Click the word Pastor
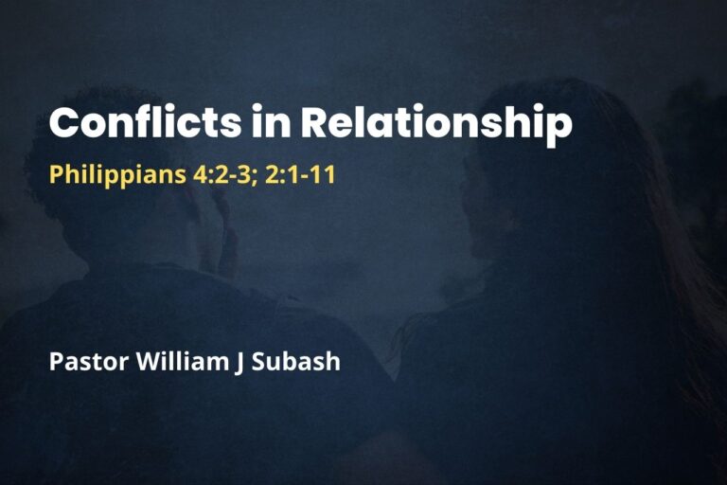pos(83,362)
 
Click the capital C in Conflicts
pos(65,124)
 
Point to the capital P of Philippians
pos(55,175)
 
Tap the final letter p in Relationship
pos(561,128)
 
